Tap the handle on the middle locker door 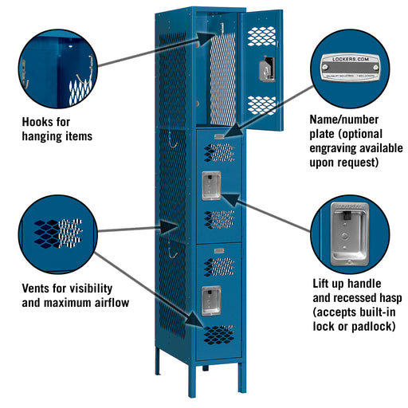(212, 185)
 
